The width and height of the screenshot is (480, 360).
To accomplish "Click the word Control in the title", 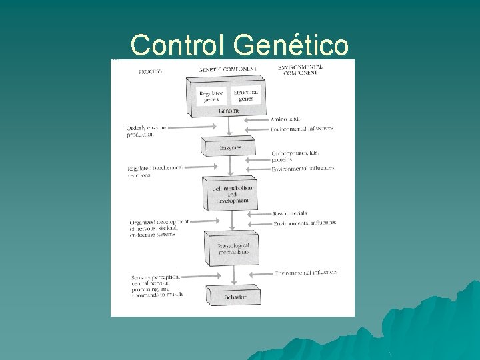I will [180, 45].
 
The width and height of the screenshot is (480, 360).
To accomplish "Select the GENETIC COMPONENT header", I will [226, 69].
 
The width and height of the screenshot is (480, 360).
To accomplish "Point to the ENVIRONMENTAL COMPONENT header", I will [300, 70].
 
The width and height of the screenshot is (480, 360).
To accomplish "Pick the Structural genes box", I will [246, 95].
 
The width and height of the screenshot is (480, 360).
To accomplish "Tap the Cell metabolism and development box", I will [231, 194].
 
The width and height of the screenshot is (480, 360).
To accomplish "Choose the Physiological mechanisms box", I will [233, 249].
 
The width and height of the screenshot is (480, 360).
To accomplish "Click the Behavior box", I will [233, 297].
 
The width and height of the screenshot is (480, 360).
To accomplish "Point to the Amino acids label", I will [285, 119].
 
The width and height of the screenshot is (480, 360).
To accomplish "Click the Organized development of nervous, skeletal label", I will [159, 227].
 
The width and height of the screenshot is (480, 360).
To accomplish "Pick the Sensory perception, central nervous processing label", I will [158, 285].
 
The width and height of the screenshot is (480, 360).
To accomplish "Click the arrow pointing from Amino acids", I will [257, 120].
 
